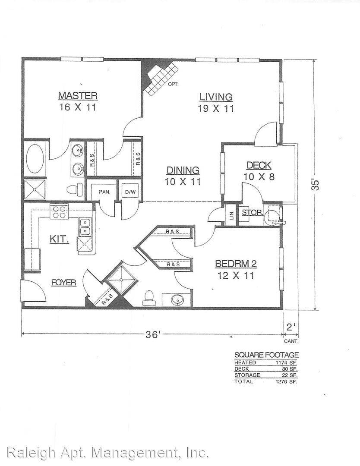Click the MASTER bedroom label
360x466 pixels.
pos(78,96)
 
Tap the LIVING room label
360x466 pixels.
pos(216,97)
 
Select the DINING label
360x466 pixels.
pos(183,170)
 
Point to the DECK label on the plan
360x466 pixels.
pos(259,165)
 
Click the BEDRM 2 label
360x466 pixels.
pos(236,264)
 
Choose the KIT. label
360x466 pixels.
pos(59,239)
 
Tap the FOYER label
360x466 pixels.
pos(63,282)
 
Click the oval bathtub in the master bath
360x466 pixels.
pos(35,158)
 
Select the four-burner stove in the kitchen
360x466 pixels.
pos(59,211)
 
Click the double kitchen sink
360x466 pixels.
pos(85,227)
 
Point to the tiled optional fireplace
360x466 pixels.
pos(160,77)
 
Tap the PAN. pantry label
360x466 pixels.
pos(104,192)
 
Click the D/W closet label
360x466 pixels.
pos(130,192)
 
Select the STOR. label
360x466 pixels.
pos(252,212)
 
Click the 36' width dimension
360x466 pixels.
pos(153,335)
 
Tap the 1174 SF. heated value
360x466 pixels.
pos(287,362)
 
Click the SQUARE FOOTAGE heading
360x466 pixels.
pos(266,355)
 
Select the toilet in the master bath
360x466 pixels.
pos(75,189)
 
